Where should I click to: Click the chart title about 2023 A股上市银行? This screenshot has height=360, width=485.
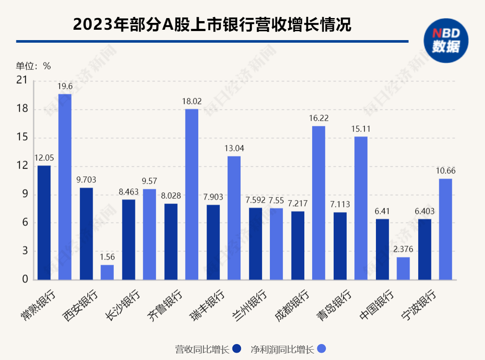212,25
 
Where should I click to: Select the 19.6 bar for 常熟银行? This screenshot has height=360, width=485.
65,187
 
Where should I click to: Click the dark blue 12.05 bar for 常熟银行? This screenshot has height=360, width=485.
44,222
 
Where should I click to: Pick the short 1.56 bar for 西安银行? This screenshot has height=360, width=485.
107,272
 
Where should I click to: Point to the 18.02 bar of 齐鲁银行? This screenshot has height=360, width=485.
191,194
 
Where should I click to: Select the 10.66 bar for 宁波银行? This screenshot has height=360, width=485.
445,229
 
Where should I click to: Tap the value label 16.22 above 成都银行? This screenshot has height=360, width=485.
319,118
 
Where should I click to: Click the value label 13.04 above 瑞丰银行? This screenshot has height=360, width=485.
234,148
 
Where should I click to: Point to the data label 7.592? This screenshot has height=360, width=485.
255,200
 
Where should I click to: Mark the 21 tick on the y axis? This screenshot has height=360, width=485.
21,80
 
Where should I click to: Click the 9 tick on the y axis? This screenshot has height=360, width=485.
24,194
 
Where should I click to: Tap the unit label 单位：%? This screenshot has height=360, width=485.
33,66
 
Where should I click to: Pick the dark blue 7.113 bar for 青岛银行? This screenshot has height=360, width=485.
340,246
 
